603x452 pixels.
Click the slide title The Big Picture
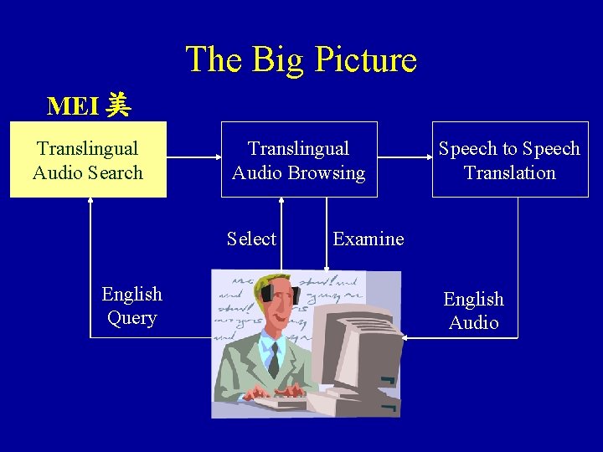tap(301, 59)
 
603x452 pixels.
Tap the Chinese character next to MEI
tap(119, 105)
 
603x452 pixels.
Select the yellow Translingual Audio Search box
tap(88, 160)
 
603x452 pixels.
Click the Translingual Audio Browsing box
tap(299, 160)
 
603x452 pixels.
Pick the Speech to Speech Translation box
tap(509, 160)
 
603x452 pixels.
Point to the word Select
tap(251, 239)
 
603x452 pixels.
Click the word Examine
tap(368, 239)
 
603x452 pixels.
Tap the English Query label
tap(131, 306)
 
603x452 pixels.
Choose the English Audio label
tap(473, 311)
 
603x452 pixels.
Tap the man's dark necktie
tap(273, 358)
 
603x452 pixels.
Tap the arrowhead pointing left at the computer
tap(405, 337)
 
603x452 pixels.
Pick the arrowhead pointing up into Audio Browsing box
tap(282, 202)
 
